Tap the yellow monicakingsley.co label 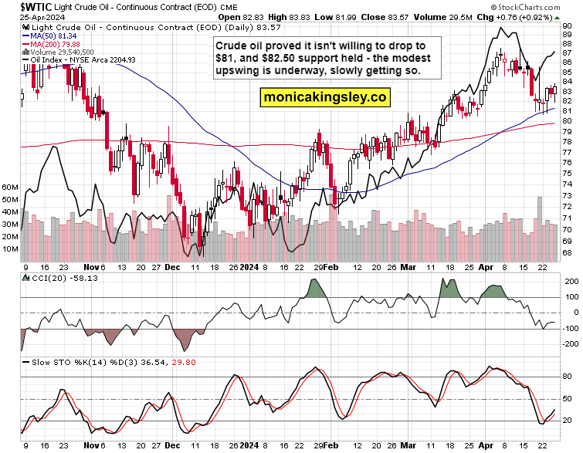tap(324, 98)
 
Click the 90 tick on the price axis tap(568, 25)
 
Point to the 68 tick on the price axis tap(568, 252)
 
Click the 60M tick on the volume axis tap(11, 188)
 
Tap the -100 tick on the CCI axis tap(570, 330)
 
